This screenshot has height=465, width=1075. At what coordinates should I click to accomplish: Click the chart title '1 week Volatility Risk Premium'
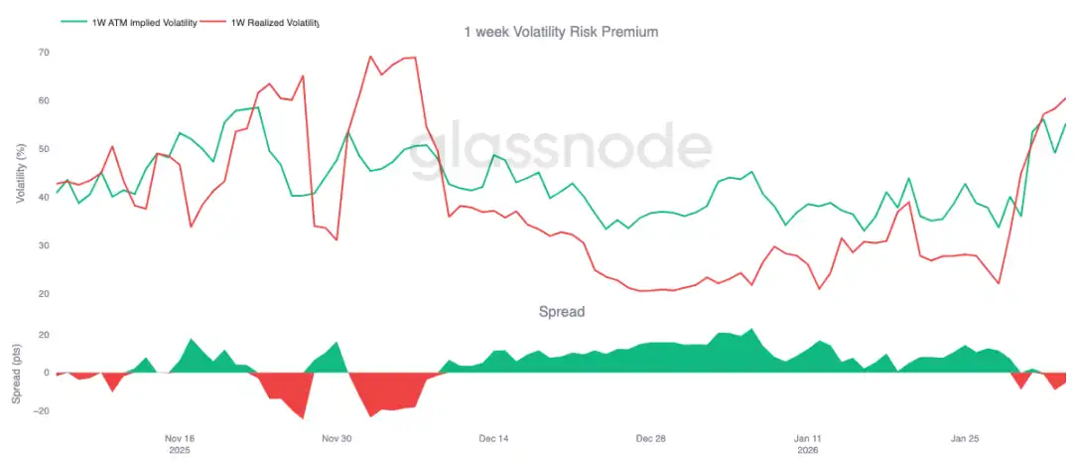click(x=561, y=32)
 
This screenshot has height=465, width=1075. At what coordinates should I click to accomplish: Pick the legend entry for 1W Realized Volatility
click(x=274, y=21)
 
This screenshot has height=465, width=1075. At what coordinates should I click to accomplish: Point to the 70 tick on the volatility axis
click(x=44, y=52)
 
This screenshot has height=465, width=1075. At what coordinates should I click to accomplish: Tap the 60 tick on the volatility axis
click(x=44, y=100)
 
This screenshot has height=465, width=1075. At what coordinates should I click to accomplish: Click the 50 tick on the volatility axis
click(x=44, y=149)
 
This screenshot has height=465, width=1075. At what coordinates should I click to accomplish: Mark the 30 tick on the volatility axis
click(x=44, y=245)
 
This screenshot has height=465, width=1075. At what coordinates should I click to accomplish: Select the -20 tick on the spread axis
click(x=41, y=411)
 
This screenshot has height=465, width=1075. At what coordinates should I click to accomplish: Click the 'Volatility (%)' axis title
click(x=21, y=172)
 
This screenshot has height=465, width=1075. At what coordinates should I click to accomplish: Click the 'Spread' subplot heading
click(x=561, y=311)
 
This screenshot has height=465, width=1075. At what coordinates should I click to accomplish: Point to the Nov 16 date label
click(x=180, y=438)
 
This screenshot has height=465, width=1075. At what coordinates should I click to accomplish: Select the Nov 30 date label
click(x=336, y=438)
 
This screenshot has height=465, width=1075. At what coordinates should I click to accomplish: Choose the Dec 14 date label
click(x=493, y=438)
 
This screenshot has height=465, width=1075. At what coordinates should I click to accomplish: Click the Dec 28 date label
click(x=650, y=438)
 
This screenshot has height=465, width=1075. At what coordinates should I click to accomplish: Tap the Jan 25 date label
click(x=965, y=438)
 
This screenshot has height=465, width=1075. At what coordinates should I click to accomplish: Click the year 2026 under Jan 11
click(x=808, y=450)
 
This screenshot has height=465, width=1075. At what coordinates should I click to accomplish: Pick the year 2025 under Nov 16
click(x=180, y=450)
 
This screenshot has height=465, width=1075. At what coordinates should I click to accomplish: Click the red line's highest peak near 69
click(x=369, y=57)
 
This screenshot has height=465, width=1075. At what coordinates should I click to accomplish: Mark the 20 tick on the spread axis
click(x=44, y=335)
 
